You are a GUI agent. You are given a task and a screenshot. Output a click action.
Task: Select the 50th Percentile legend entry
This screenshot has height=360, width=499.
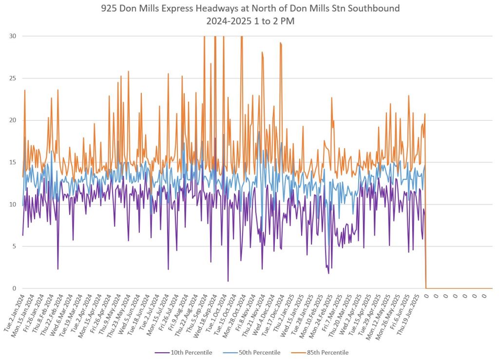[x=259, y=352]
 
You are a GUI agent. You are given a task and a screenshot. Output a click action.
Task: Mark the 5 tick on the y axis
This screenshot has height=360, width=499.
[x=13, y=246]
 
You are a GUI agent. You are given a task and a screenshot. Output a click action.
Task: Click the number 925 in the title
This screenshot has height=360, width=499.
[x=109, y=9]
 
